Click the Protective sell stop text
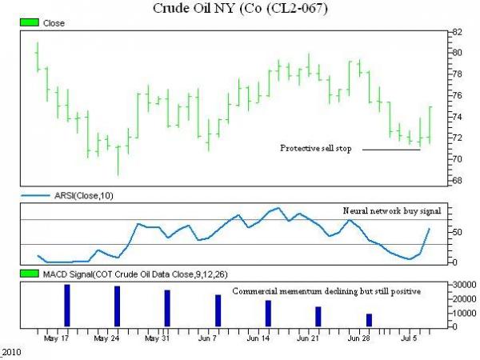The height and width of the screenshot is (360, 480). click(315, 149)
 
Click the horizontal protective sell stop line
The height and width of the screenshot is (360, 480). click(391, 150)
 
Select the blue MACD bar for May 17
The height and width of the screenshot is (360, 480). click(67, 305)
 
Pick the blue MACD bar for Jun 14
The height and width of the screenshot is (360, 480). click(268, 313)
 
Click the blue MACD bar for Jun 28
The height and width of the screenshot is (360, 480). click(369, 320)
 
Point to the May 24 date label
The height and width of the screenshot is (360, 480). click(107, 338)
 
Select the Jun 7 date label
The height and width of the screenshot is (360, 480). click(207, 338)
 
